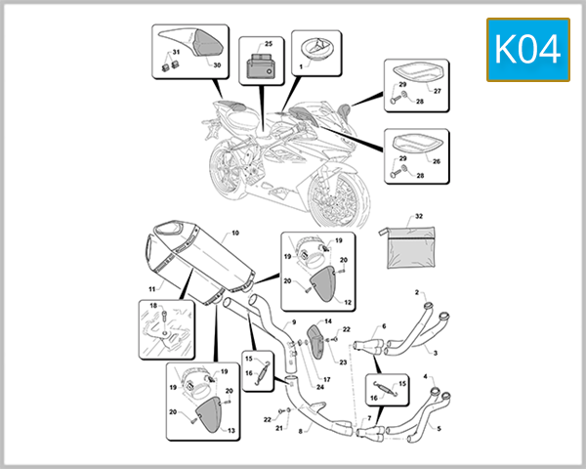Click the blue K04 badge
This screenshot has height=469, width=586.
point(528,50)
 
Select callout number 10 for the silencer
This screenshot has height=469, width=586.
point(235,233)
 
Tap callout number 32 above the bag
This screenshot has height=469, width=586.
point(419,216)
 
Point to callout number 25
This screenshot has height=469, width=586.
point(269,44)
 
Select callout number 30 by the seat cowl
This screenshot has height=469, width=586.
point(217,65)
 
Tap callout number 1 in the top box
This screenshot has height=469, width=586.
point(301,67)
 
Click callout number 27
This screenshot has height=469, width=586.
point(437,91)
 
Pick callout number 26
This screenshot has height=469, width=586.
point(437,161)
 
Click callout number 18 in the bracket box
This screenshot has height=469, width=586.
point(153,306)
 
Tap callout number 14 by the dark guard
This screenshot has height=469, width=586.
point(328,321)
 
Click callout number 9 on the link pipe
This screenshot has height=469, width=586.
point(294,322)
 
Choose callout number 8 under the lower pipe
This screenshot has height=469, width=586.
point(300,431)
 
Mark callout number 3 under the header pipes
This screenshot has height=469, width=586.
point(435,353)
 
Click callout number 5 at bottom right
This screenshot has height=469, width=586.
point(439,429)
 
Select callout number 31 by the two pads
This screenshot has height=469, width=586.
point(176,53)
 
